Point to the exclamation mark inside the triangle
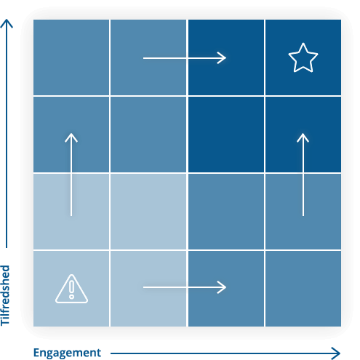71,289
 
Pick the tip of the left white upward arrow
71,133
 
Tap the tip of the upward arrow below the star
303,133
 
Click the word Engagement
67,353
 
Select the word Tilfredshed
5,295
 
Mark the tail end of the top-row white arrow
143,58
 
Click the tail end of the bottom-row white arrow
143,287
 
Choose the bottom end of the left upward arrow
71,215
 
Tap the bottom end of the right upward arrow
303,215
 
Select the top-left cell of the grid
71,57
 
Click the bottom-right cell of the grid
303,289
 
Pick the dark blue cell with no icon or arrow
226,135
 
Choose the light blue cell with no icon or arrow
148,212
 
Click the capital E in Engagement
36,353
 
